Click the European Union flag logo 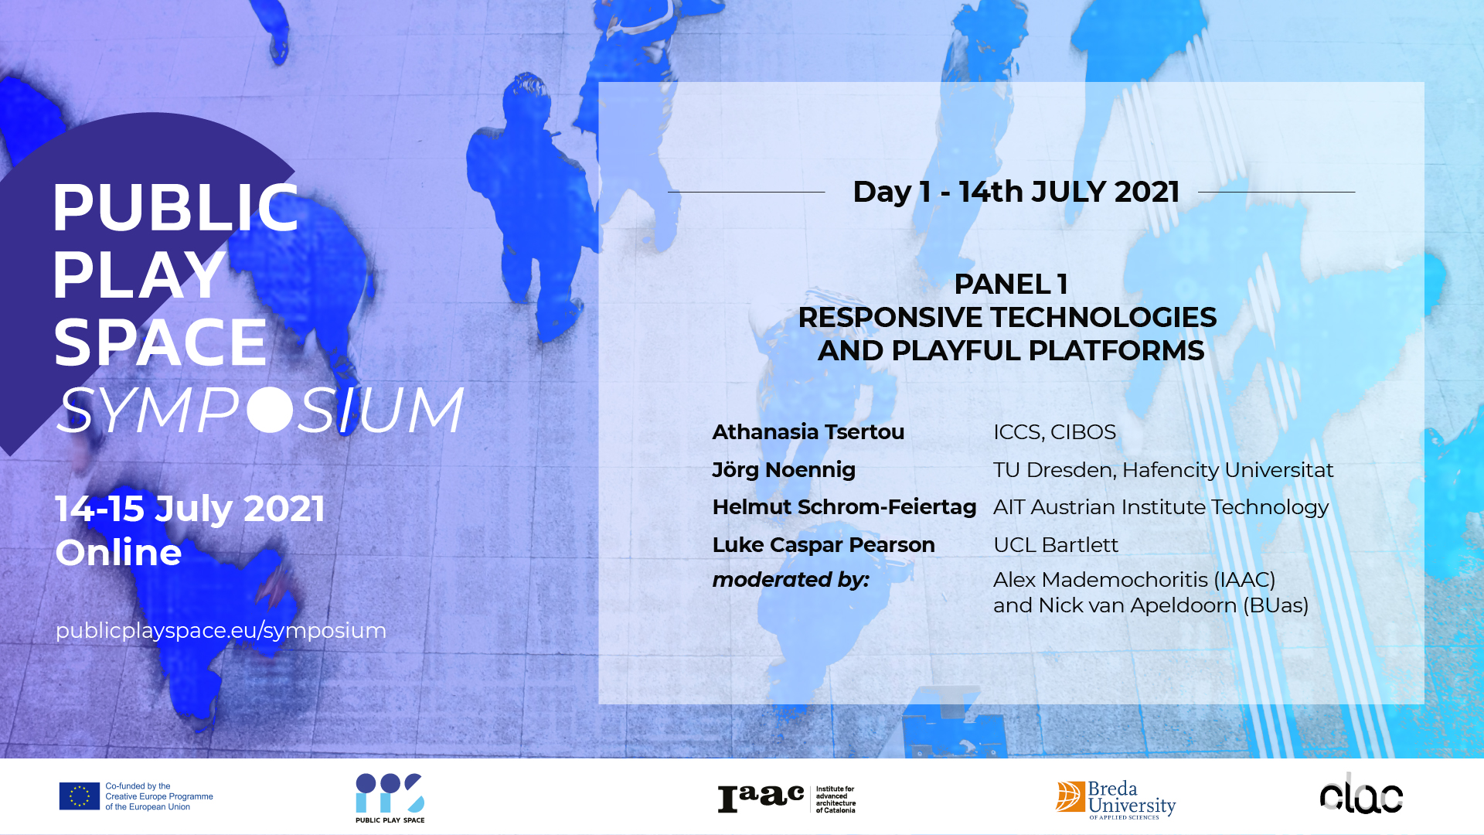[x=80, y=796]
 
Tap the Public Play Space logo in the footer [x=390, y=798]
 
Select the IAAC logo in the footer [x=786, y=799]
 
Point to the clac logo [x=1361, y=795]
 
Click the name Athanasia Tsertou [x=808, y=432]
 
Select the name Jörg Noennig [x=784, y=469]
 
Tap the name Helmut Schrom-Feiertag [x=844, y=507]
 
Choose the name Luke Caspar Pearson [x=823, y=545]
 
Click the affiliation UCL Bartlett [x=1055, y=545]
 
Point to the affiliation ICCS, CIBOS [x=1054, y=432]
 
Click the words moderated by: [x=791, y=580]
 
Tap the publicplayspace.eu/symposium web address [x=221, y=631]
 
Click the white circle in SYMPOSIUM [x=270, y=409]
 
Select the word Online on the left [x=118, y=552]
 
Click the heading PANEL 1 [x=1011, y=284]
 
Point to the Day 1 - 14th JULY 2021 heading [x=1016, y=192]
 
